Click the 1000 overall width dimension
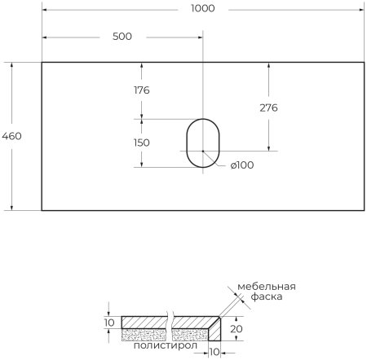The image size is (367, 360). point(202,8)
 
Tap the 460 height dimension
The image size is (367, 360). point(12,136)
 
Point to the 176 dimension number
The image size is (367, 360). point(141,90)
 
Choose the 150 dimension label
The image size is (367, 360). point(141,143)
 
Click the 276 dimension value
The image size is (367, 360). point(268,108)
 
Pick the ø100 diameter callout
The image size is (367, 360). point(242,165)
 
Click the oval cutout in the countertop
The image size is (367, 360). point(201,143)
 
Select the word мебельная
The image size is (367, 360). point(266,287)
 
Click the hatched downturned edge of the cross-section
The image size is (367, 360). point(215,330)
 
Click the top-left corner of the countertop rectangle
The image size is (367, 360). point(42,62)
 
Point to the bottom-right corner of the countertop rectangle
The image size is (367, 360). point(363,210)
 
